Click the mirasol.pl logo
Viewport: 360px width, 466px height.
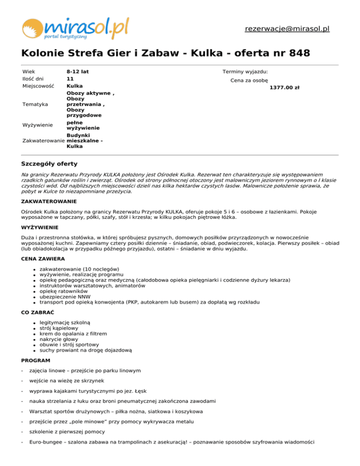pyautogui.click(x=75, y=28)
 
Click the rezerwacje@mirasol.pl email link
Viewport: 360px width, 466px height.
pyautogui.click(x=287, y=29)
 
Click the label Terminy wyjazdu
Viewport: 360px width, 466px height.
pyautogui.click(x=245, y=72)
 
